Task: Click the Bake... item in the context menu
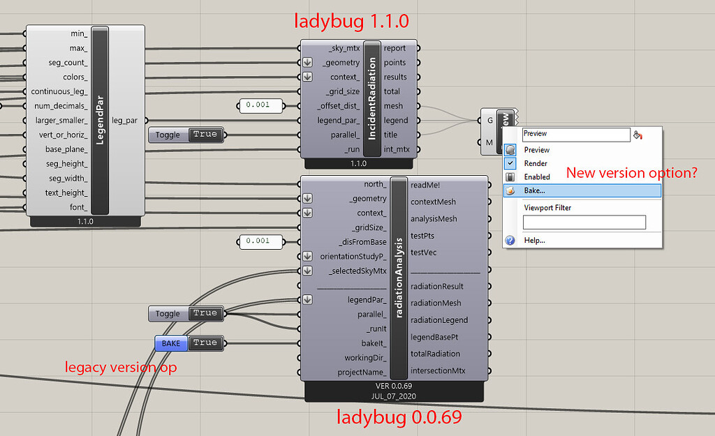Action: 535,190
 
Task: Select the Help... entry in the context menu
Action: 534,240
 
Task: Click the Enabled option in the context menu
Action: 537,177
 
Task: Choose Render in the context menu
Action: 536,163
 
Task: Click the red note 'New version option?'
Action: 631,172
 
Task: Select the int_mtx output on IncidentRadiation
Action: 396,149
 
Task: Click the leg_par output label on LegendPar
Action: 124,121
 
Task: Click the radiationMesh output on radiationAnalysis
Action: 436,303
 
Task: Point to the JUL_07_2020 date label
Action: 394,396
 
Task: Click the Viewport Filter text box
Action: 584,223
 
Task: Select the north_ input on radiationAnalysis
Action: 375,184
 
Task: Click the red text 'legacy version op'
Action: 121,367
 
